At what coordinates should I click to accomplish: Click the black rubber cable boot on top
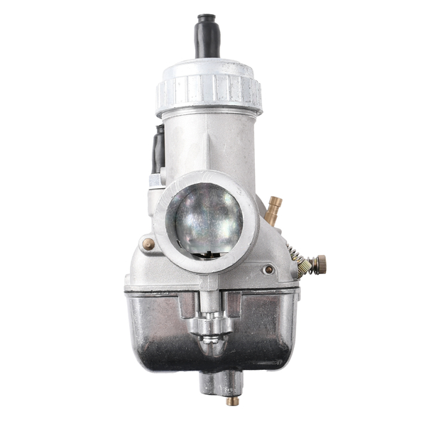tap(208, 35)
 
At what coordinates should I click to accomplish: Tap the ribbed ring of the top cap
tap(209, 92)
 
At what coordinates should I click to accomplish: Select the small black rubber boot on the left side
tap(158, 149)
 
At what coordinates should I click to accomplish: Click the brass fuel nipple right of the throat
tap(274, 210)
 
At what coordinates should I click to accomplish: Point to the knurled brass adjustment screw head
tap(320, 264)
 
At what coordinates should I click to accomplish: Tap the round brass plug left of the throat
tap(148, 244)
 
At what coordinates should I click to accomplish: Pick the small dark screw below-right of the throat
tap(268, 269)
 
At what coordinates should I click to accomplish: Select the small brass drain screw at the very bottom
tap(231, 400)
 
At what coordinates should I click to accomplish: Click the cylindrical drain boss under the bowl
tap(220, 383)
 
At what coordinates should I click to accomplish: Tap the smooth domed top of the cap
tap(209, 69)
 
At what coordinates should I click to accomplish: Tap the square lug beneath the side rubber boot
tap(157, 182)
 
